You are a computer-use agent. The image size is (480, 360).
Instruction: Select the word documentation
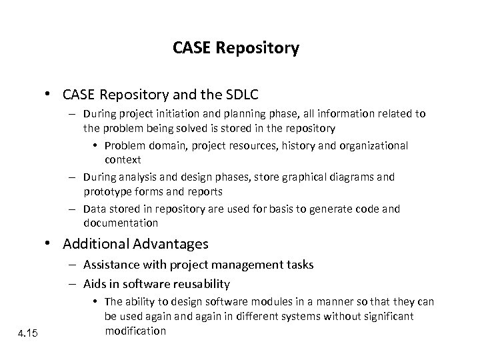[120, 223]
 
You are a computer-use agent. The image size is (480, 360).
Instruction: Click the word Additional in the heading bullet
[87, 245]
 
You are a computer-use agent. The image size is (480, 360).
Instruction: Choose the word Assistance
[112, 265]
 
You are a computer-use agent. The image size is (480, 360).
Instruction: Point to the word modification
[135, 331]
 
